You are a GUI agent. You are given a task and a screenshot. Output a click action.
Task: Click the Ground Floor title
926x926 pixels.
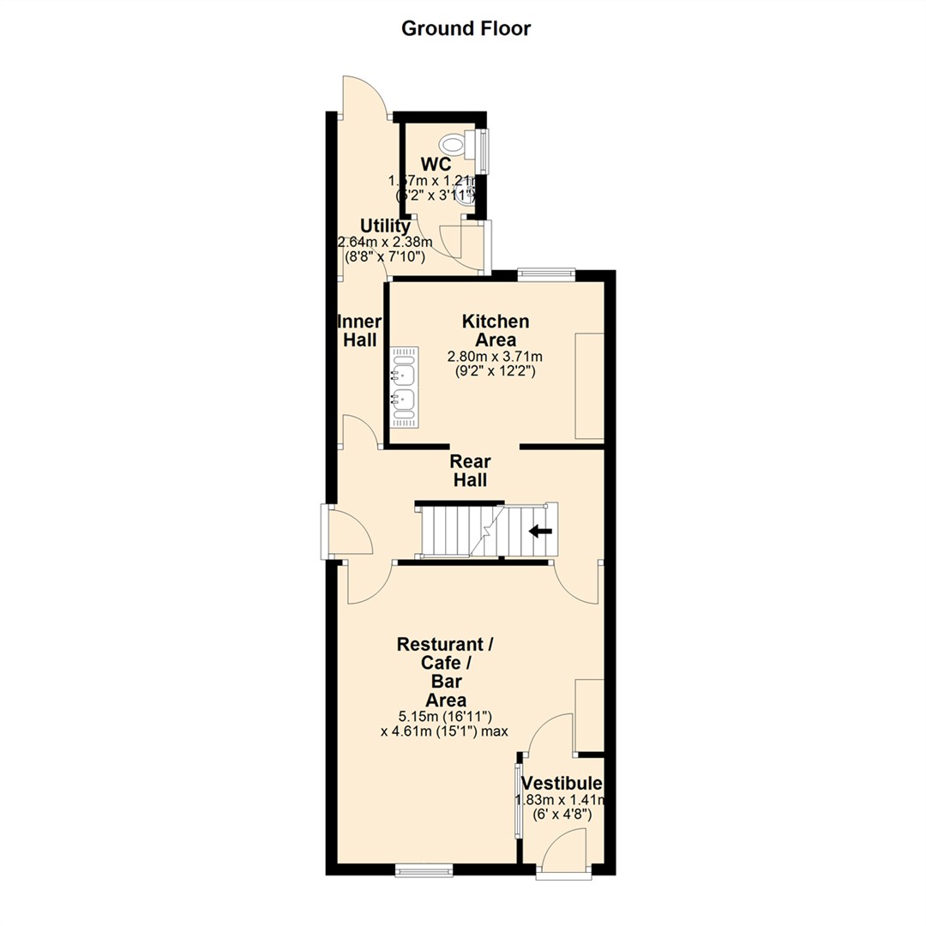click(466, 28)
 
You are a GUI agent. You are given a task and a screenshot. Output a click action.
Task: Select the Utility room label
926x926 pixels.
click(384, 225)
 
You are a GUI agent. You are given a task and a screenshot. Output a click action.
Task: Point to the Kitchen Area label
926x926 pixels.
click(496, 330)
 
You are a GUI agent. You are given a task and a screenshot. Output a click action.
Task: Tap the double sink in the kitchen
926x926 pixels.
click(403, 388)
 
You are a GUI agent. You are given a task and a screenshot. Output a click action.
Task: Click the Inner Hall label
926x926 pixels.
click(359, 330)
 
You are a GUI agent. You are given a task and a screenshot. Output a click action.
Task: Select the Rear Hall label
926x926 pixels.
click(471, 471)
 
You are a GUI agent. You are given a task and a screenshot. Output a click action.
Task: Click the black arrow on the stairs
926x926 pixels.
click(540, 531)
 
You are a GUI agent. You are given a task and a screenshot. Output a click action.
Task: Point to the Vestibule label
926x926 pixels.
click(562, 784)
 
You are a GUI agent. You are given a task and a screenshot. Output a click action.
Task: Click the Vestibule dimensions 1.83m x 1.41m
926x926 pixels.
click(560, 800)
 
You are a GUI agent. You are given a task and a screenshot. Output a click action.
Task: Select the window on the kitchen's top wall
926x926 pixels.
click(546, 274)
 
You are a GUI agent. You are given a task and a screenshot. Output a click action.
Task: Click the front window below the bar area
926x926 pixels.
click(423, 872)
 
